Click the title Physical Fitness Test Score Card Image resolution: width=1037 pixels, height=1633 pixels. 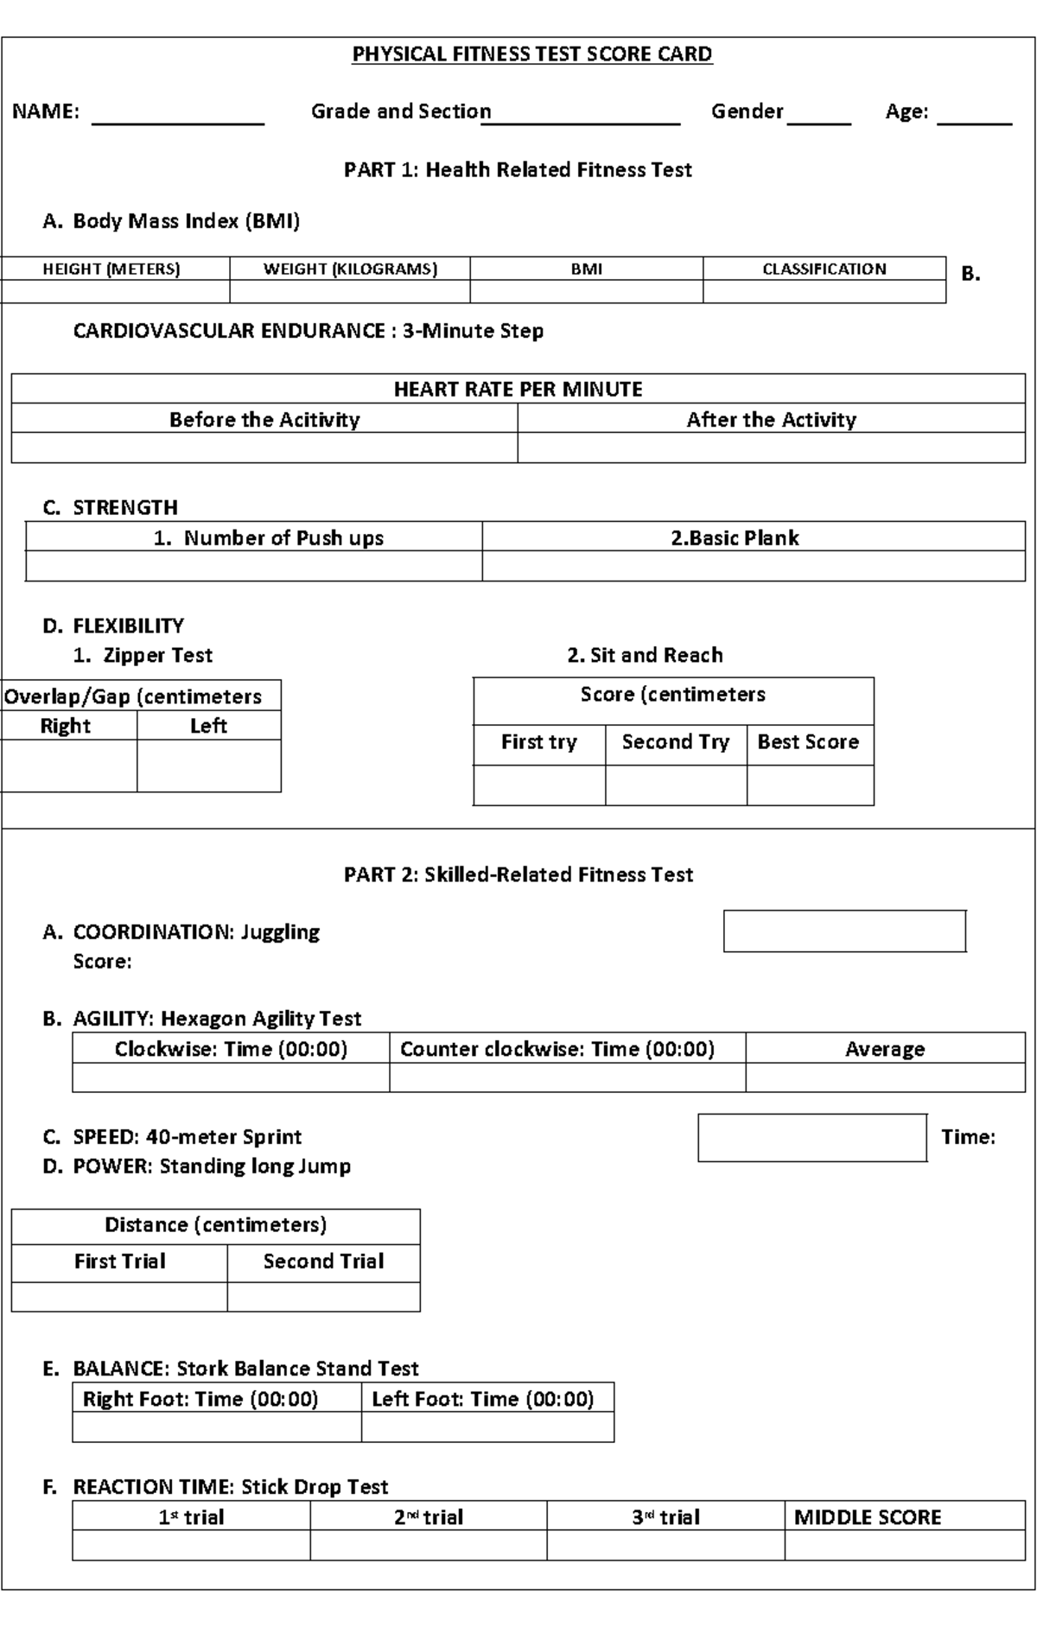pyautogui.click(x=531, y=54)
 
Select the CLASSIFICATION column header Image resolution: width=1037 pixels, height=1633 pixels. pyautogui.click(x=824, y=269)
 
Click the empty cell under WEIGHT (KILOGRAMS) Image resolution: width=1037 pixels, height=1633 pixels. pyautogui.click(x=350, y=291)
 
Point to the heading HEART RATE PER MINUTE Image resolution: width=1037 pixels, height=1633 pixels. pyautogui.click(x=518, y=389)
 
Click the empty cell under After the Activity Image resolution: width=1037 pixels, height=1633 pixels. pyautogui.click(x=771, y=448)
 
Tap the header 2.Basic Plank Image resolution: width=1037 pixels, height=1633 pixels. pyautogui.click(x=735, y=537)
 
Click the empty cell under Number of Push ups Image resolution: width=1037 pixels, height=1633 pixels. pyautogui.click(x=253, y=566)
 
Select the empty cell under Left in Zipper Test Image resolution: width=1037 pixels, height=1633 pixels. pyautogui.click(x=208, y=766)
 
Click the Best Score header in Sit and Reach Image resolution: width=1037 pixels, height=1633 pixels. pyautogui.click(x=809, y=742)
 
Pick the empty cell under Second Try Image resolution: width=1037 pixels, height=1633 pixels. pyautogui.click(x=676, y=785)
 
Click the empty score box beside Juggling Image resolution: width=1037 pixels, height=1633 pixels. pyautogui.click(x=844, y=931)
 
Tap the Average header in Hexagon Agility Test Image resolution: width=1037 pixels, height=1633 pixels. pyautogui.click(x=885, y=1049)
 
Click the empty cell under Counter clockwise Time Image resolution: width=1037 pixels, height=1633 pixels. pyautogui.click(x=567, y=1077)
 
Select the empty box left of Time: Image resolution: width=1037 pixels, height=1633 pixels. pyautogui.click(x=812, y=1137)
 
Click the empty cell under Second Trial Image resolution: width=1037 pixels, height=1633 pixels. pyautogui.click(x=323, y=1297)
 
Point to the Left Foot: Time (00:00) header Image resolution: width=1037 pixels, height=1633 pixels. pyautogui.click(x=484, y=1399)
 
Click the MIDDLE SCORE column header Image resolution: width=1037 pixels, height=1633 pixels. pyautogui.click(x=868, y=1517)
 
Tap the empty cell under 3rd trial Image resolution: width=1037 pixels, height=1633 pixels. pyautogui.click(x=665, y=1545)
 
